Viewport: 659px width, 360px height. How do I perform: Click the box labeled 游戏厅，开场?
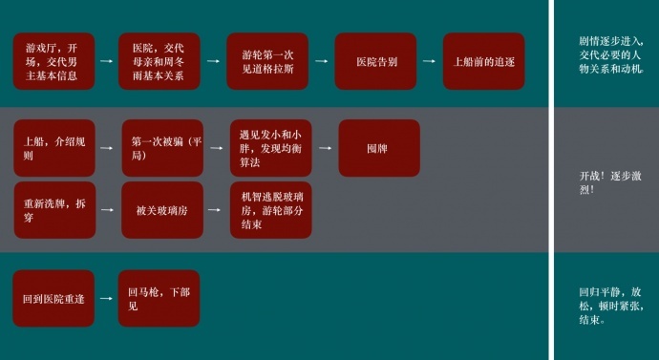click(53, 61)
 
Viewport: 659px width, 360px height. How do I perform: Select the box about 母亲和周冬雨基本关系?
click(159, 61)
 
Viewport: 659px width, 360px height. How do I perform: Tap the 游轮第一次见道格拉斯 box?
click(267, 61)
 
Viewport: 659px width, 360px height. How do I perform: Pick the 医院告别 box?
click(375, 61)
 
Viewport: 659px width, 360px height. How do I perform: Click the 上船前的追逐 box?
click(483, 61)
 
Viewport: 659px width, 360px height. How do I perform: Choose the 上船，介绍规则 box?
click(54, 148)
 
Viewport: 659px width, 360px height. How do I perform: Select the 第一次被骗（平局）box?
click(162, 148)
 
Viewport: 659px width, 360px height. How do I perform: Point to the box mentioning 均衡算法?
click(271, 148)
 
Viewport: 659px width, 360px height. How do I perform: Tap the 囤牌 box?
click(379, 148)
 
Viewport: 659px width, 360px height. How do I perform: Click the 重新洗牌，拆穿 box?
click(54, 210)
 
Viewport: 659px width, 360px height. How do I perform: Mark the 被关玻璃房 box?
click(162, 210)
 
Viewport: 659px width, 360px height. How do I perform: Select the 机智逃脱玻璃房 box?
click(271, 210)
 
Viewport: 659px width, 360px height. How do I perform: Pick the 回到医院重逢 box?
click(53, 298)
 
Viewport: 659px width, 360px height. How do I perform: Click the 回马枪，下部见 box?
click(159, 298)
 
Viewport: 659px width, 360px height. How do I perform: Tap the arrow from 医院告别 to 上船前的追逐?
click(429, 61)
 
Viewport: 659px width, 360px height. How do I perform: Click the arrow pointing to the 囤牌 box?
click(325, 148)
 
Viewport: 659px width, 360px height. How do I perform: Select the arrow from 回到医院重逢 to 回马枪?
click(106, 298)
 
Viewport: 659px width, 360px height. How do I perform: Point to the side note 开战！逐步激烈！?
click(610, 182)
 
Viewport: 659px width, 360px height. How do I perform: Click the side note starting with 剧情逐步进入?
click(611, 55)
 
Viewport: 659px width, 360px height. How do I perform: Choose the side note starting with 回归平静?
click(611, 306)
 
